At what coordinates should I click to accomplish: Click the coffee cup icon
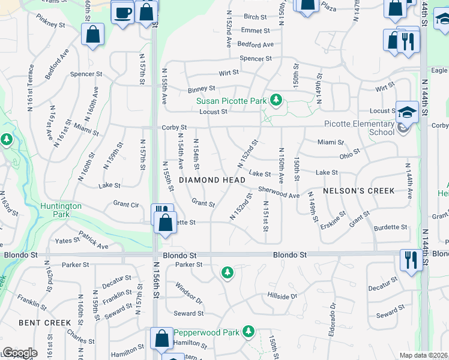(123, 12)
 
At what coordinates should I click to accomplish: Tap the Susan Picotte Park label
(231, 101)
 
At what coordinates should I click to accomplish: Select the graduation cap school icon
(406, 112)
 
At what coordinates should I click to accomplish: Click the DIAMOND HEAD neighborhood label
(212, 180)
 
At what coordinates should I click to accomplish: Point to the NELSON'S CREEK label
(358, 191)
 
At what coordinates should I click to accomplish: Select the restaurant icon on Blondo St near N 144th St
(411, 260)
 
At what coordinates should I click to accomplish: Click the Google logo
(20, 353)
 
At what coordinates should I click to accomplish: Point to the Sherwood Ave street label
(279, 192)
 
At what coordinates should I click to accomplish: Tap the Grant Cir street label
(126, 204)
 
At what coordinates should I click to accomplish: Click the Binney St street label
(201, 89)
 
